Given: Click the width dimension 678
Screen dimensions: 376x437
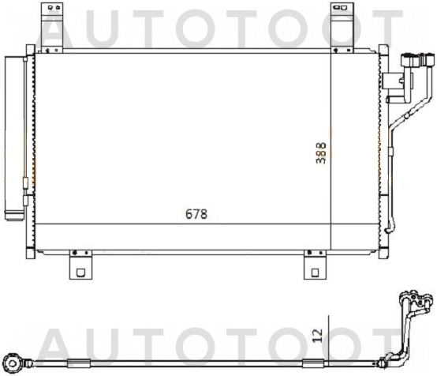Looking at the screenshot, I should (x=196, y=213).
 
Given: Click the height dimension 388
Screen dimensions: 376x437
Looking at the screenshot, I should (x=320, y=152).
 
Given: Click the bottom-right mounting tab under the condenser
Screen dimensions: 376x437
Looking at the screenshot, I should (x=314, y=265).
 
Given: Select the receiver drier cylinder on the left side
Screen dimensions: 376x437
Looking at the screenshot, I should (x=15, y=134).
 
